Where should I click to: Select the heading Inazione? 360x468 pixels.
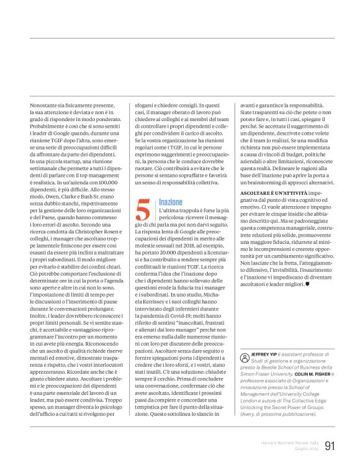pos(171,203)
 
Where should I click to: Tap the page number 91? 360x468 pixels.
pos(330,446)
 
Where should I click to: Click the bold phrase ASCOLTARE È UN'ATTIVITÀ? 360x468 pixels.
pos(269,194)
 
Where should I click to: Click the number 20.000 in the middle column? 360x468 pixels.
pos(176,254)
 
